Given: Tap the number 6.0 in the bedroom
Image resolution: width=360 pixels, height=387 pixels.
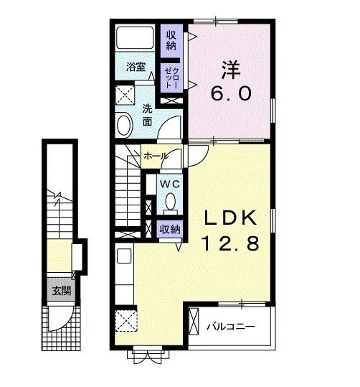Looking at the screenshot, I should [230, 94].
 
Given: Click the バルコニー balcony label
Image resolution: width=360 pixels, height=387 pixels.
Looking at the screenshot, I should [231, 327].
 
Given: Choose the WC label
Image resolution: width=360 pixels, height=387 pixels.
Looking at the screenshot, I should [169, 185].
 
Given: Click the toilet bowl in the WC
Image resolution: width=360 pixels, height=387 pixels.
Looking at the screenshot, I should [170, 204].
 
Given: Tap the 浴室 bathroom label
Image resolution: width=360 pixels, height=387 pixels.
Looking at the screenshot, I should [136, 67].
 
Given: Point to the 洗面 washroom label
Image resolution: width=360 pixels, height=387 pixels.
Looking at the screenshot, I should [148, 115].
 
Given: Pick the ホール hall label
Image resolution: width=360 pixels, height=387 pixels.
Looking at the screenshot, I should [156, 156].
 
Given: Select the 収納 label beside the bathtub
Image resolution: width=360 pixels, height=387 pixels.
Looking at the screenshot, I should [172, 40].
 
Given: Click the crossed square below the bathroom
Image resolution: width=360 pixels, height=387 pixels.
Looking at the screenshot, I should [126, 95].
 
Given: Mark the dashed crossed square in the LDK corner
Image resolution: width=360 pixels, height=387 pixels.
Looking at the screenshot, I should [127, 321].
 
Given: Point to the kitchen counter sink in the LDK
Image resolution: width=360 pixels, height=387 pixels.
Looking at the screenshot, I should [122, 256].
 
